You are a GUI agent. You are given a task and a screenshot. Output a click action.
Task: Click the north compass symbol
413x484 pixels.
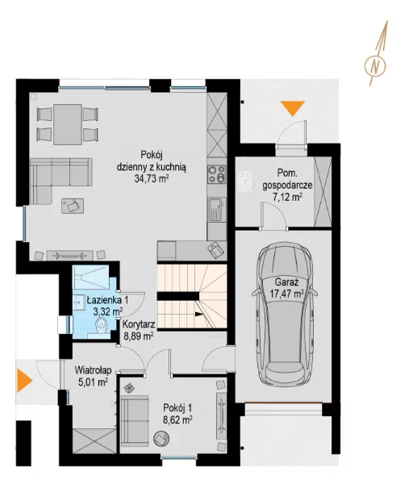tap(375, 65)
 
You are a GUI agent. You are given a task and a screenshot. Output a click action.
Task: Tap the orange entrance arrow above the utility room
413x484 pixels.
tap(293, 108)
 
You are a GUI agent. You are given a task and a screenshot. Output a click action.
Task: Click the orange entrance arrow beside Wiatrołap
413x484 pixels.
tap(24, 381)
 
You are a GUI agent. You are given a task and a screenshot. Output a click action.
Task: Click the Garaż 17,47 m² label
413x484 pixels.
tap(286, 288)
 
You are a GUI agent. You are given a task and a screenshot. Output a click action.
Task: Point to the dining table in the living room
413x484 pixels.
tap(68, 124)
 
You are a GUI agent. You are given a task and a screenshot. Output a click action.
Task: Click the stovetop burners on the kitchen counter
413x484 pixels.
tap(217, 174)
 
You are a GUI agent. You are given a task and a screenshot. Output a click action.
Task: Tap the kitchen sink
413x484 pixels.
tap(217, 209)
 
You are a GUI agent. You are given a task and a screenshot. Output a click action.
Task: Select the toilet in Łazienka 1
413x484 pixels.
tap(101, 325)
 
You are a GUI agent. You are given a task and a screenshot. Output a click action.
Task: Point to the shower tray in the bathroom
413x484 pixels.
tap(91, 277)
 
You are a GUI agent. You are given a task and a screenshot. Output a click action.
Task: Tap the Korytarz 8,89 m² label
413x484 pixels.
tap(139, 330)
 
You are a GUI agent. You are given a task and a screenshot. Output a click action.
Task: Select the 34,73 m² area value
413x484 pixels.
tap(152, 178)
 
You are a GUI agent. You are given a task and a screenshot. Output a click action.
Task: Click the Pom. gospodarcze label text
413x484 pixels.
tap(287, 179)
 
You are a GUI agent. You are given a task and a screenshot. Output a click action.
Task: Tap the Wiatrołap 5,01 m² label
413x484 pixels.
tap(94, 376)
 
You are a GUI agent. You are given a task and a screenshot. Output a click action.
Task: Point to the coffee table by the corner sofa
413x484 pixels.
tap(73, 206)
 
